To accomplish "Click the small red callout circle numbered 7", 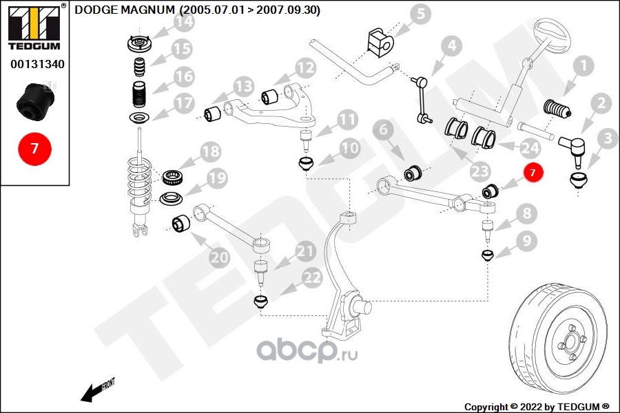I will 533,172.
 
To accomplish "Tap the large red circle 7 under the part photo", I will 34,148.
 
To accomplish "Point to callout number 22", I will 312,278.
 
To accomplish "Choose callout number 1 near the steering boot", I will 583,67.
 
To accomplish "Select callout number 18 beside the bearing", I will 210,151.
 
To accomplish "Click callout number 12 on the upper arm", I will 305,67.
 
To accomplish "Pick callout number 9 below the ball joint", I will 526,241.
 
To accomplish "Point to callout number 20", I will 220,258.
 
